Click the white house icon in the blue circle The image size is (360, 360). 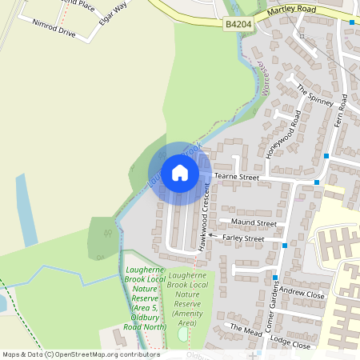pos(180,173)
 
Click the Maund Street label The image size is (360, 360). pos(253,222)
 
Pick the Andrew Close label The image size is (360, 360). pos(302,294)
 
